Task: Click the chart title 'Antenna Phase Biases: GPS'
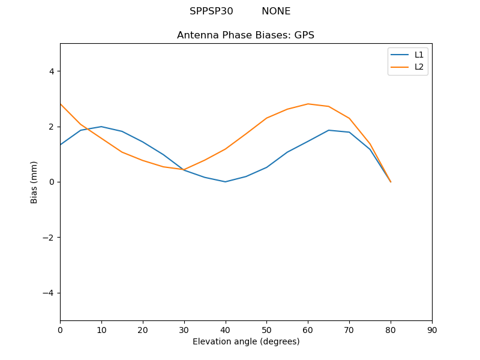[245, 35]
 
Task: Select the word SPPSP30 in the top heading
[211, 11]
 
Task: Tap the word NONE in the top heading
[276, 11]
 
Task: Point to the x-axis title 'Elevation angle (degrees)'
[246, 342]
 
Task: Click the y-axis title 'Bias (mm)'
[34, 182]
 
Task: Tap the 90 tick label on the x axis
[432, 330]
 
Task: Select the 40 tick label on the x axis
[226, 330]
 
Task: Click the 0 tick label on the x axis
[60, 330]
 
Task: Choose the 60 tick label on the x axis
[308, 330]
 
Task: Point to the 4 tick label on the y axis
[52, 71]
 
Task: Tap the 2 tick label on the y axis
[52, 127]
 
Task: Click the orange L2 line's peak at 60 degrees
[308, 104]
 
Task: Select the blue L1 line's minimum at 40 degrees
[226, 182]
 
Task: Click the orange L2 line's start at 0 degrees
[61, 104]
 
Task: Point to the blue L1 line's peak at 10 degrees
[101, 127]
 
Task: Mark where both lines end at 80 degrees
[391, 182]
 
